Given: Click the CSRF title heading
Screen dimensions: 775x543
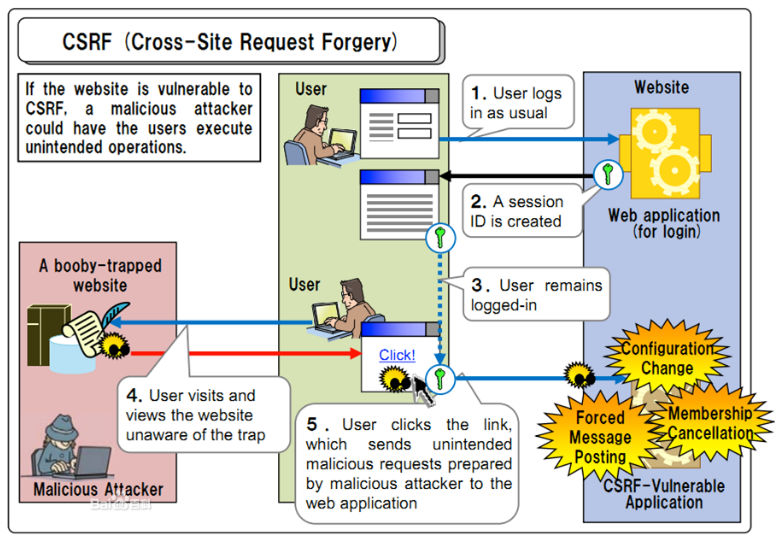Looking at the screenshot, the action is tap(230, 42).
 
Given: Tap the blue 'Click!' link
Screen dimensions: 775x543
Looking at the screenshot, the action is tap(397, 355).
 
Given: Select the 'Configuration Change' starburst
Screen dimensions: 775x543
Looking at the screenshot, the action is tap(667, 358).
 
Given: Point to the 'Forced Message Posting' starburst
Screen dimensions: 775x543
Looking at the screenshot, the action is tap(600, 437).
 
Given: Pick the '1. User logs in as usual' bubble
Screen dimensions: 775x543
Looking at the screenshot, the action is tap(517, 104).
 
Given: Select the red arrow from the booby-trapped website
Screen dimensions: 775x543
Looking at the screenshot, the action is tap(246, 353).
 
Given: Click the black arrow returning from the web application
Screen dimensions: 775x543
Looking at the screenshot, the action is tap(517, 176).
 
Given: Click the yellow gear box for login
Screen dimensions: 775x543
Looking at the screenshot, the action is tap(665, 153).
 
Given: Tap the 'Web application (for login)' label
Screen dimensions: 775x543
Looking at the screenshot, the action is tap(664, 223).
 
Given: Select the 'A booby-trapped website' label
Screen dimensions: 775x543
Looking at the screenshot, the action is tap(100, 275).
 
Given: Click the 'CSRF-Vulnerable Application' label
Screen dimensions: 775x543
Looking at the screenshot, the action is tap(664, 494).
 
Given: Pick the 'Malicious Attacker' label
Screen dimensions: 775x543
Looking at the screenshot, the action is tap(98, 490).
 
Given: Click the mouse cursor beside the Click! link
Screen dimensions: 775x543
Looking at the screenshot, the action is tap(423, 390).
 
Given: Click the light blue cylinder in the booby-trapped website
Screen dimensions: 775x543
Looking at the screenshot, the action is tap(72, 354).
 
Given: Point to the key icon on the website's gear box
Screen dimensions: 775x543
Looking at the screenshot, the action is tap(608, 175).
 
